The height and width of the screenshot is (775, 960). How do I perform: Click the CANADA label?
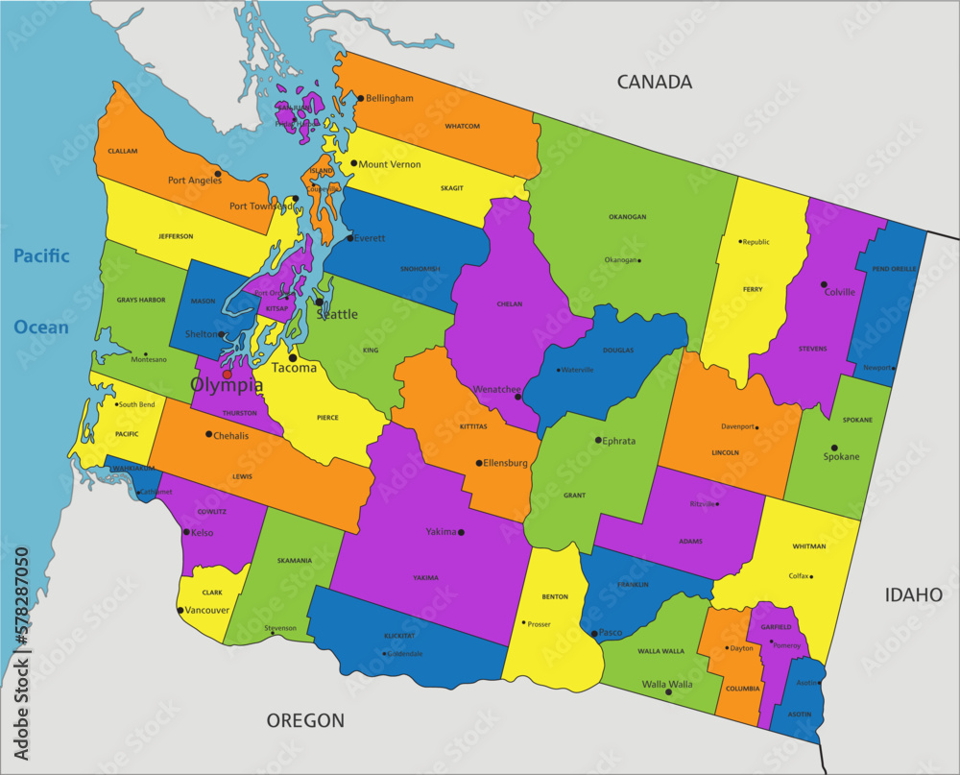coord(654,82)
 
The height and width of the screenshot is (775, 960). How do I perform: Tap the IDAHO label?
coord(913,595)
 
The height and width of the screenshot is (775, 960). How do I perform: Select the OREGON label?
coord(305,720)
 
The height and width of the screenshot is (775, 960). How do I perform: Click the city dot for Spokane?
coord(834,448)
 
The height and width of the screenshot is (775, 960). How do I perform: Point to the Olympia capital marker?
coord(228,375)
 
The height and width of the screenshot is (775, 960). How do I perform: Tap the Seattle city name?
coord(337,314)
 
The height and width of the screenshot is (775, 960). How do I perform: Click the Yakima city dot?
coord(461,532)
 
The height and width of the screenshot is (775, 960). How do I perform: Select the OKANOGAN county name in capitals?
coord(627,217)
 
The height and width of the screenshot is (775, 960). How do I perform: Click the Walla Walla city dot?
coord(668,691)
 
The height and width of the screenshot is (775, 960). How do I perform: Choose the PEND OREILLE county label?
coord(892,269)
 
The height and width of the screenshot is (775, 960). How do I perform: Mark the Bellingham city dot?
coord(361,98)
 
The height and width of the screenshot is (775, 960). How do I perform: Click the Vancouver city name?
coord(206,610)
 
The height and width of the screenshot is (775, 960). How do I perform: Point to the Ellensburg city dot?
coord(479,463)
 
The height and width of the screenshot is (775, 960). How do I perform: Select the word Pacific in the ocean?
coord(41,255)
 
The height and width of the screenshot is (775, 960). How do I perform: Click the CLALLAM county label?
coord(123,151)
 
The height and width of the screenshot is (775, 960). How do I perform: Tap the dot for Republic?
coord(740,241)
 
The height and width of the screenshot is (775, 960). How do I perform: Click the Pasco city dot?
coord(594,633)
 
